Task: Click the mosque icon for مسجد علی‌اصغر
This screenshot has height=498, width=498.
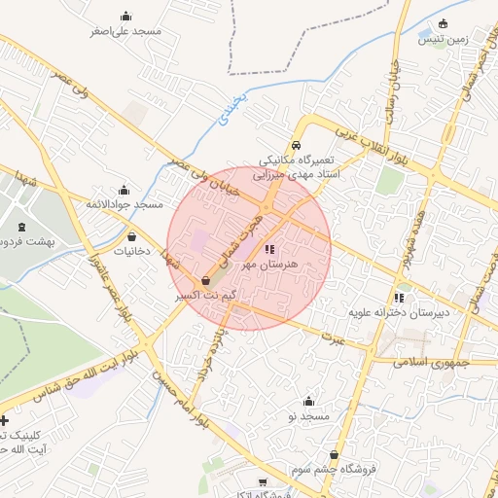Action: (124, 17)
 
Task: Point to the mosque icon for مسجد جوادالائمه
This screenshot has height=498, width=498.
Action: (124, 190)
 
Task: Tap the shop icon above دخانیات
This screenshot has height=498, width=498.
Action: (131, 235)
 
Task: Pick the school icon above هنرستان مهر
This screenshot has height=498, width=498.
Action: (268, 250)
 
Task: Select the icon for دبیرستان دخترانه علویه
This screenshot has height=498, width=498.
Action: (399, 299)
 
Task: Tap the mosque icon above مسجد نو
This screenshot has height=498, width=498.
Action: (309, 401)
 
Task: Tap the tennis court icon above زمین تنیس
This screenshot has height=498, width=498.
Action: (444, 24)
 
